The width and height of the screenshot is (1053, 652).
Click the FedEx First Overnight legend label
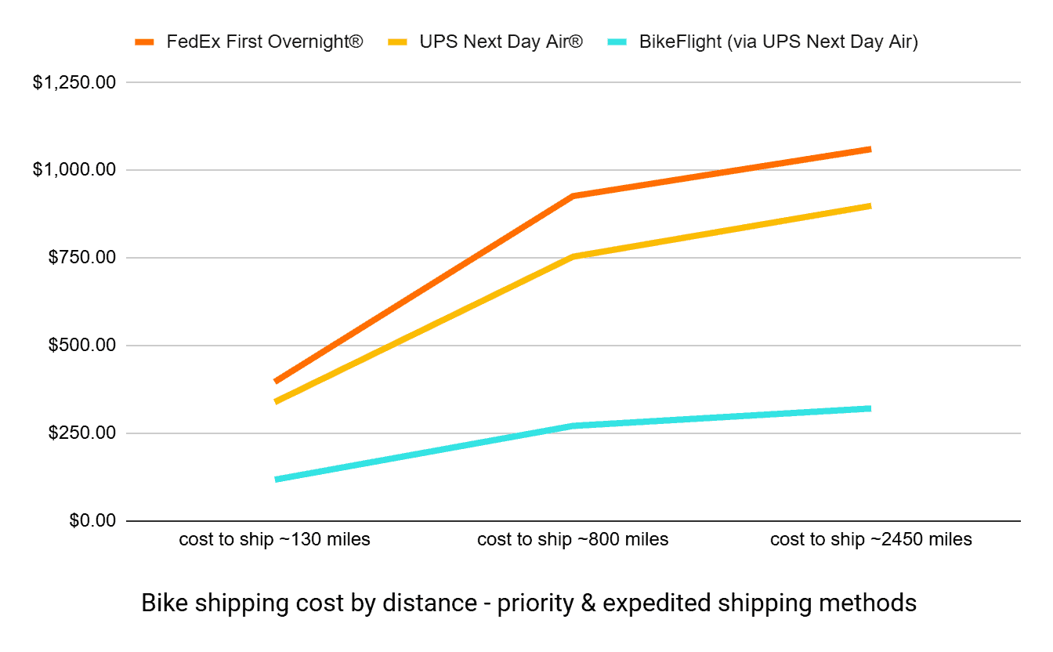coord(265,42)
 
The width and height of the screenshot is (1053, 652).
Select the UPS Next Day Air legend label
coord(501,42)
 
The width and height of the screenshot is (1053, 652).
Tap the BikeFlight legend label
coord(778,42)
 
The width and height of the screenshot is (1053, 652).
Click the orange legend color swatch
coord(146,42)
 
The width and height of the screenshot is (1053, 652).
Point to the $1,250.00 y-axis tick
coord(74,82)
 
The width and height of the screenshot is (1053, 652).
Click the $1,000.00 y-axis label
coord(74,170)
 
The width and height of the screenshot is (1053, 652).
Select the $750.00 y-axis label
coord(81,258)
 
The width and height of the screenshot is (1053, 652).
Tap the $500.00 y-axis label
coord(81,346)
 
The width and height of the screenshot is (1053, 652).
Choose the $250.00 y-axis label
coord(81,433)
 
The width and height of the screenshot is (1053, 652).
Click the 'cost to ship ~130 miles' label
coord(274,540)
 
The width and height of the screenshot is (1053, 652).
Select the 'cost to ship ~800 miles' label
coord(573,540)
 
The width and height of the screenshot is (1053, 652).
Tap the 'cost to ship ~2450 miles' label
coord(870,540)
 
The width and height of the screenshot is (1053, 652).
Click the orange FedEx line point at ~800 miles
coord(573,196)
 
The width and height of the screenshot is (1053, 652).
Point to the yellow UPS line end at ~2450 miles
coord(869,206)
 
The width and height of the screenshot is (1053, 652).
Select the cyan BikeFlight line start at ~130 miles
coord(277,479)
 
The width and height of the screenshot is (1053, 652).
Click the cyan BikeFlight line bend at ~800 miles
coord(573,426)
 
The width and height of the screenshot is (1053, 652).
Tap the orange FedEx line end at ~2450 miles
coord(869,149)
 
